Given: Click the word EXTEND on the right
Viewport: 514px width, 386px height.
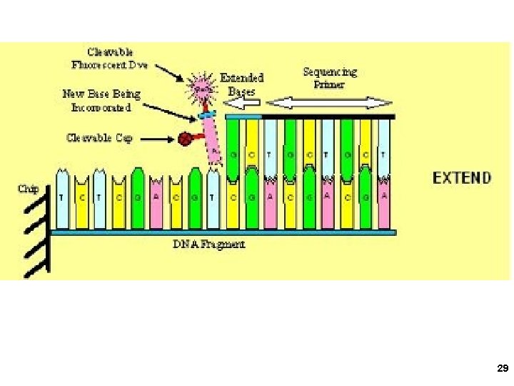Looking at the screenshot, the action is click(x=463, y=177).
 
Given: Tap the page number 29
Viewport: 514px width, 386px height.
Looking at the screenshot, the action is click(x=502, y=369).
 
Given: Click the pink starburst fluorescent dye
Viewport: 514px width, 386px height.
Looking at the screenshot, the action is click(x=201, y=89).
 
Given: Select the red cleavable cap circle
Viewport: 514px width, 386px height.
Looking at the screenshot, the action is click(x=185, y=139).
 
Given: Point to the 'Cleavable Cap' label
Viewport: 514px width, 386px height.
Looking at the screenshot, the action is click(x=99, y=137).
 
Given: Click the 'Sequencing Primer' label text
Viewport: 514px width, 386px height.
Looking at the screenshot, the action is click(x=329, y=78).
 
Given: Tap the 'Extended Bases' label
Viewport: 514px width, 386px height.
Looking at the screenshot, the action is click(x=241, y=84).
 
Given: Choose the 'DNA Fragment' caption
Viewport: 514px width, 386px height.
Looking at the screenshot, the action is click(x=209, y=244).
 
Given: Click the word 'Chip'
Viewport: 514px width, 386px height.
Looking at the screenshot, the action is click(x=28, y=189).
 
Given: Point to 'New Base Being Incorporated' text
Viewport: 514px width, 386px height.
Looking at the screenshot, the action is click(x=101, y=100).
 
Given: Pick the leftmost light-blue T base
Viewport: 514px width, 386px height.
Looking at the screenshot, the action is click(x=63, y=199).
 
